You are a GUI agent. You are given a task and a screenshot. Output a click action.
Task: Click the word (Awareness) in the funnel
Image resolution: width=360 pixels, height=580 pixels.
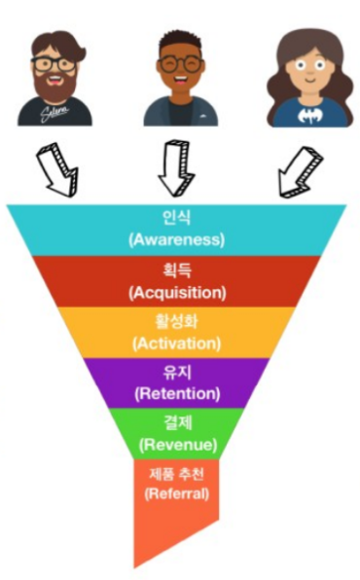click(176, 239)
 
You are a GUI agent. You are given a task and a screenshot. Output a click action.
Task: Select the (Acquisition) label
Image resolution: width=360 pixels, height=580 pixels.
click(177, 293)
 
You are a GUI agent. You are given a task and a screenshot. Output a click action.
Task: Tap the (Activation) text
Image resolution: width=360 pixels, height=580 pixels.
click(177, 344)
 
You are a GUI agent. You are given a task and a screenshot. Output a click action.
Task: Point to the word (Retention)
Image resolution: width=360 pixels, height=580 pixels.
click(177, 393)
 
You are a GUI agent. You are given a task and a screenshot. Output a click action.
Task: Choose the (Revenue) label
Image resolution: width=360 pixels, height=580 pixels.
click(178, 444)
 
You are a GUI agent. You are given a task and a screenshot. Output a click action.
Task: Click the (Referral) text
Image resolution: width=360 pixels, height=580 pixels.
click(176, 493)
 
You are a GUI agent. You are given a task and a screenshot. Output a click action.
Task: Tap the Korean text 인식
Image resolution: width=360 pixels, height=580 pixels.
click(176, 217)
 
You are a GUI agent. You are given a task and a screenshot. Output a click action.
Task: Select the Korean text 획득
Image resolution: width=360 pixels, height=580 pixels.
click(177, 271)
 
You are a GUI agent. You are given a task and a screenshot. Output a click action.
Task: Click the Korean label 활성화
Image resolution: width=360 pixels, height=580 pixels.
click(176, 321)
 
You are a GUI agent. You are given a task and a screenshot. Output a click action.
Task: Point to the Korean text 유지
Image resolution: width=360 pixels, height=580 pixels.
click(177, 372)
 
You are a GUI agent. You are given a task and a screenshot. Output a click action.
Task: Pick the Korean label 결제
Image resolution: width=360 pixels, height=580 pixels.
click(178, 422)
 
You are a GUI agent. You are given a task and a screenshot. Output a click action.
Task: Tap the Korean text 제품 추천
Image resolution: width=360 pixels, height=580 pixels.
click(176, 474)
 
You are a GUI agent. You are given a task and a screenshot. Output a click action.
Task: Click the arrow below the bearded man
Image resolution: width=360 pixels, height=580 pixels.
click(58, 168)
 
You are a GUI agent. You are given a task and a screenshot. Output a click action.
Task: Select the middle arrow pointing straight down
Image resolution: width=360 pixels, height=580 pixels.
click(176, 168)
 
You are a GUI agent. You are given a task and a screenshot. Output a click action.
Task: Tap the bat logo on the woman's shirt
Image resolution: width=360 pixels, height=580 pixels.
click(309, 115)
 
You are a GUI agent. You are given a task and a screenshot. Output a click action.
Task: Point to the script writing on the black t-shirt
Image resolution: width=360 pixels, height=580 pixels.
click(54, 113)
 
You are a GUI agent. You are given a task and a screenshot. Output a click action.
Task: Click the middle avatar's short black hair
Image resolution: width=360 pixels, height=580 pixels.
click(180, 43)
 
